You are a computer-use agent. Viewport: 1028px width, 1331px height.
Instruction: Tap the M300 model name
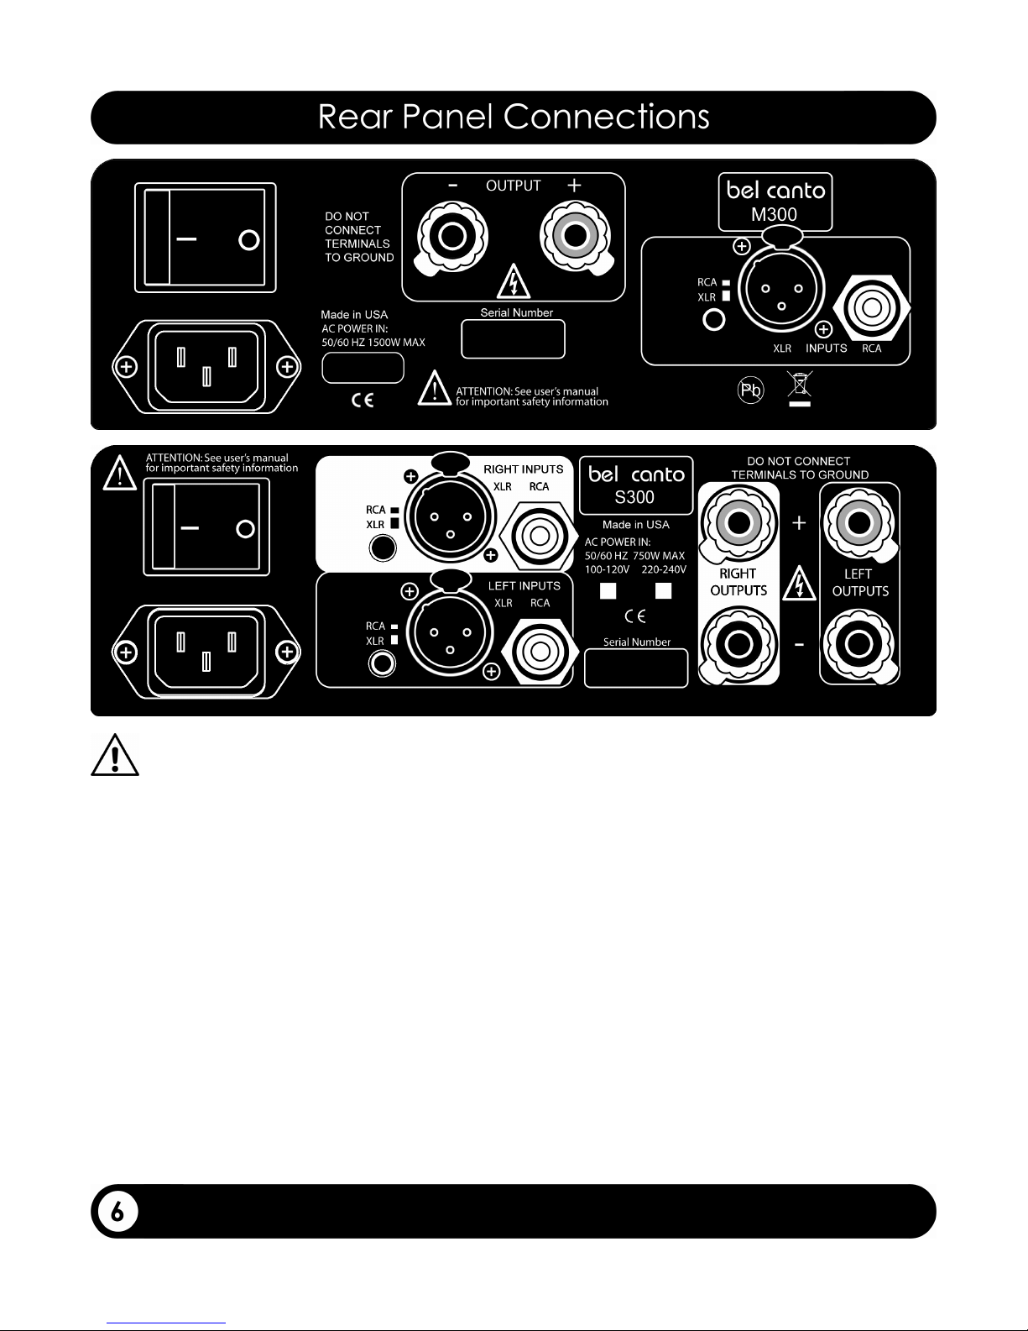point(774,214)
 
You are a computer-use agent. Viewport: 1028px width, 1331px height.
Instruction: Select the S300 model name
point(634,497)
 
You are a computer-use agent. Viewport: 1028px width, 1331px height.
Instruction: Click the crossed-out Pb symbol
point(751,390)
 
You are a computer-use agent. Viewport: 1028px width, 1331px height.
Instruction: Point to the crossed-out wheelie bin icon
point(800,388)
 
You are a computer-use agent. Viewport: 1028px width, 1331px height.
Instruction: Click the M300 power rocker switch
point(205,238)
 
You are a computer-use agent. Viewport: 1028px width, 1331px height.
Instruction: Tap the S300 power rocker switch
point(206,527)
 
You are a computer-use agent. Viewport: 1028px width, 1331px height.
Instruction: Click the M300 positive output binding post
point(575,237)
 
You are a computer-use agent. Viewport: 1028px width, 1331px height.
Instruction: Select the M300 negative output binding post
point(451,237)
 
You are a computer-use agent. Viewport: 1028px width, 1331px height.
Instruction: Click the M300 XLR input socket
point(781,289)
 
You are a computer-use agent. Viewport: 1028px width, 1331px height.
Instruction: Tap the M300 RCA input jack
point(872,307)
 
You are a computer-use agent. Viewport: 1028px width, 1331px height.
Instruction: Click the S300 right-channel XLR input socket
point(451,517)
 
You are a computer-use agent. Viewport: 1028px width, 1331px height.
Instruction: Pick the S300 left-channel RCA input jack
point(540,652)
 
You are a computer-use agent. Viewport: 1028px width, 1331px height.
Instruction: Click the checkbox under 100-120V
point(608,590)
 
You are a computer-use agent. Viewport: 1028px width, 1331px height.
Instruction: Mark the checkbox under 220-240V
point(663,590)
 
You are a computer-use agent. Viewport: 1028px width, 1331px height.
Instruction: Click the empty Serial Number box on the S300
point(636,668)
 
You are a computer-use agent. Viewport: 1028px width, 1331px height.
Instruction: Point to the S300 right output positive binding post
point(738,523)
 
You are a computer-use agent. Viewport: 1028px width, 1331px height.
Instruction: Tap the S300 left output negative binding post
point(858,644)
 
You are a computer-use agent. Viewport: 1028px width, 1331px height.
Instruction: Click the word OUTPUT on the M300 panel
point(514,186)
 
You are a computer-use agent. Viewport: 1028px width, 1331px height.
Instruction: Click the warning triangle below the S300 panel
point(115,755)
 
